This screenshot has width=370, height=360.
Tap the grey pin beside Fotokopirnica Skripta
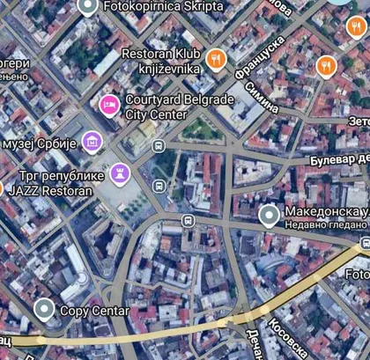click(x=87, y=7)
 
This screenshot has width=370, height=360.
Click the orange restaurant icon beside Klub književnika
click(x=216, y=60)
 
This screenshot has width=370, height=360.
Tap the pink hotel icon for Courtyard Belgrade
click(x=107, y=106)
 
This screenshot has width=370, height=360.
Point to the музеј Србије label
click(x=41, y=143)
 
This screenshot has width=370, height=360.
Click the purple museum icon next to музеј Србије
click(x=91, y=141)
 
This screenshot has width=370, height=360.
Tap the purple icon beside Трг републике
click(x=121, y=172)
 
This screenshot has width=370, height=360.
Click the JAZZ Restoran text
click(x=49, y=189)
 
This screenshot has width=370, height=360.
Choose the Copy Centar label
click(x=94, y=311)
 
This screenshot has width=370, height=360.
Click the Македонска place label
click(x=325, y=213)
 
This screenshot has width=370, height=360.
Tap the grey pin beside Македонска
click(x=269, y=214)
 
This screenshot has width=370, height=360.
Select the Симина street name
click(x=262, y=99)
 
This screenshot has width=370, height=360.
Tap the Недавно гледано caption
click(x=325, y=225)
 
